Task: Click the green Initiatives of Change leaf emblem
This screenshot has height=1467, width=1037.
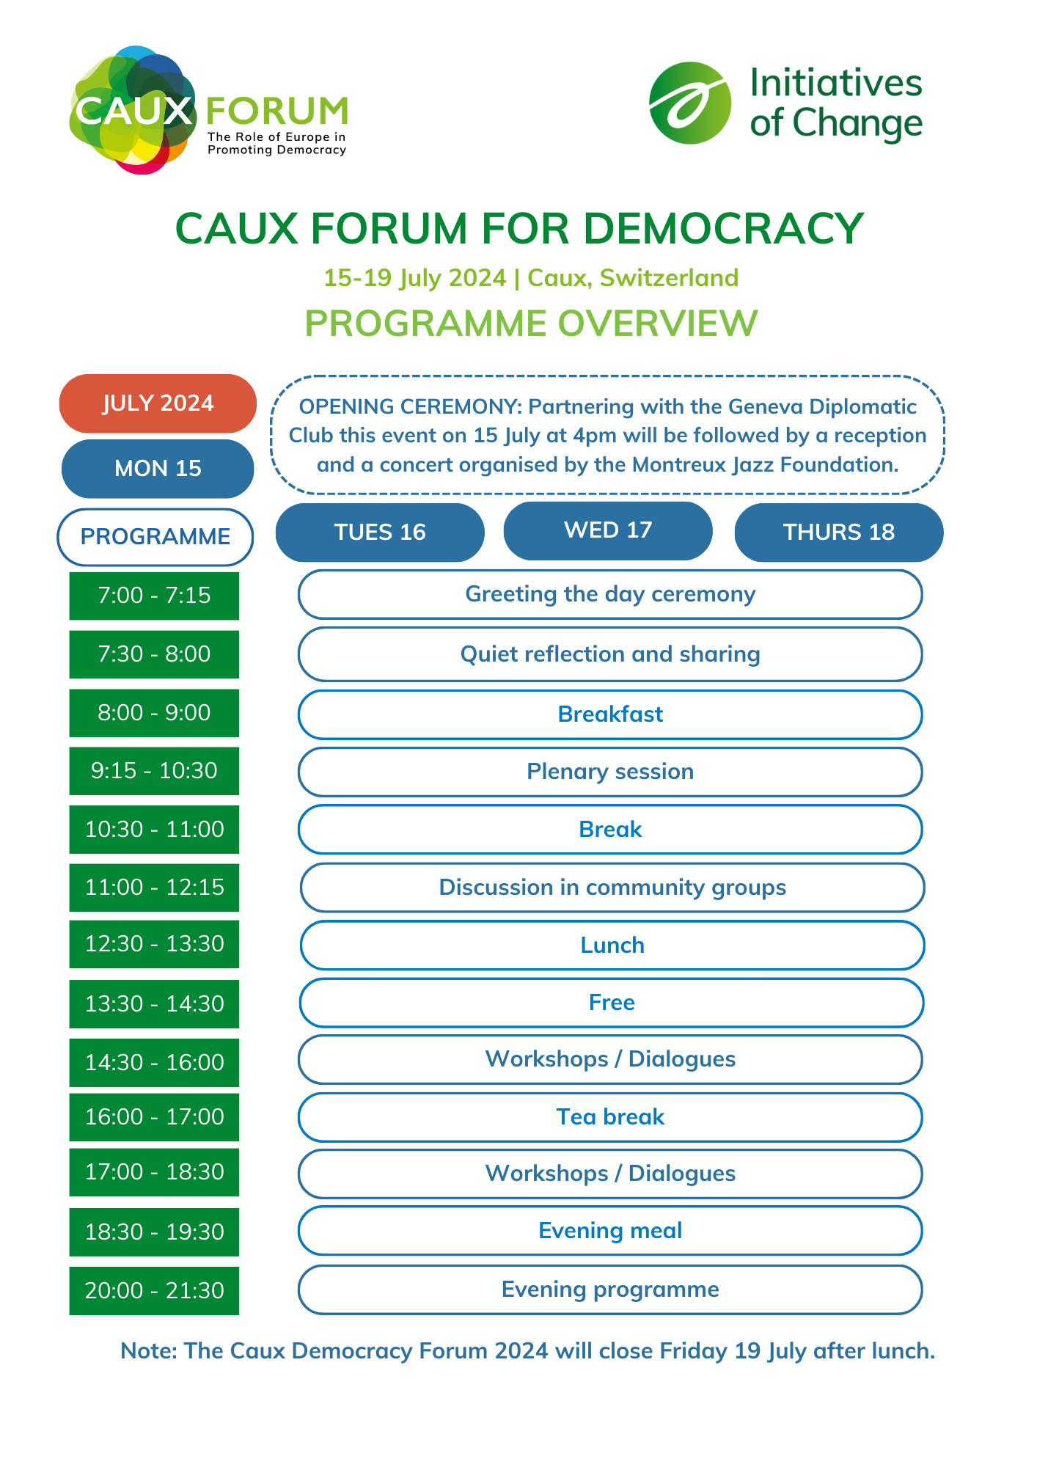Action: pyautogui.click(x=690, y=103)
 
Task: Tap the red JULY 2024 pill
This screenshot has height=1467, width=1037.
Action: pyautogui.click(x=158, y=403)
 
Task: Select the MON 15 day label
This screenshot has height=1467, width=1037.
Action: pyautogui.click(x=158, y=469)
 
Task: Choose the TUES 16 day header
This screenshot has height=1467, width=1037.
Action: pyautogui.click(x=380, y=532)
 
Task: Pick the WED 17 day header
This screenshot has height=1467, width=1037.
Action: pyautogui.click(x=608, y=530)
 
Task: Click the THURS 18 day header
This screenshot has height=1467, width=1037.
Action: pyautogui.click(x=839, y=532)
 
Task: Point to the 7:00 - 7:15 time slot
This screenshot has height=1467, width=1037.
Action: pyautogui.click(x=154, y=595)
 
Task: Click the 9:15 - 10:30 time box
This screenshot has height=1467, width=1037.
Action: pyautogui.click(x=154, y=771)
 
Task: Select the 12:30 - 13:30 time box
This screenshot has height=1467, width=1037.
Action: pyautogui.click(x=154, y=944)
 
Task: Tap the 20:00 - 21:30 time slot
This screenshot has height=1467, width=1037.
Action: pyautogui.click(x=154, y=1290)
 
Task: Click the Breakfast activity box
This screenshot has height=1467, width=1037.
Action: pyautogui.click(x=610, y=714)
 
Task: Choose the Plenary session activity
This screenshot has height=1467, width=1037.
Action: pyautogui.click(x=610, y=772)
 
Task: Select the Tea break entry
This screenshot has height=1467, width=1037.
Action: pyautogui.click(x=610, y=1117)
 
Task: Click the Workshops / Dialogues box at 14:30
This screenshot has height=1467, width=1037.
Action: pyautogui.click(x=610, y=1059)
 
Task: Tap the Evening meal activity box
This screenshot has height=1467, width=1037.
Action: pyautogui.click(x=610, y=1231)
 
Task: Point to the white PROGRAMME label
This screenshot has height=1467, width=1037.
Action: pyautogui.click(x=155, y=537)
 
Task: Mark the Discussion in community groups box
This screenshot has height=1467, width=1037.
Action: pyautogui.click(x=612, y=888)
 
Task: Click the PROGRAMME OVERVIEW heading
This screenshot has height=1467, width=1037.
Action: pyautogui.click(x=531, y=323)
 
